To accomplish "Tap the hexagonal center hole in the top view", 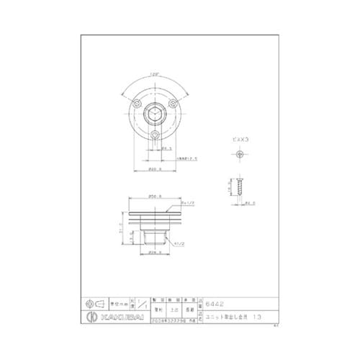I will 155,114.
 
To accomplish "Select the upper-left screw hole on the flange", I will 137,105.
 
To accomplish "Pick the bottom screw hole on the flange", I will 155,135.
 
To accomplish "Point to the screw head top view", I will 240,154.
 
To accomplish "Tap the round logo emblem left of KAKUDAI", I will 91,318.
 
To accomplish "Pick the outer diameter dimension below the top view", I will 154,169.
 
